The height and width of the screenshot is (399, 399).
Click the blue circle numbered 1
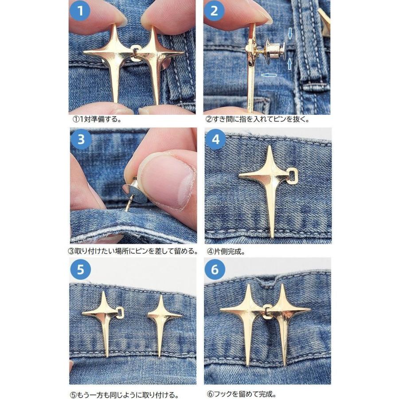(x=80, y=11)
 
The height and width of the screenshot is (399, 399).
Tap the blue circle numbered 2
(x=214, y=11)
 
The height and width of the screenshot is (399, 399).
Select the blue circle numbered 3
(x=81, y=139)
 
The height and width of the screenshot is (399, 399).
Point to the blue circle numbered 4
(x=215, y=139)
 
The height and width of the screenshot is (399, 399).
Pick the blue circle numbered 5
(x=80, y=269)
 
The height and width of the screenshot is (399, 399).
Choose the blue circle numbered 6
(x=215, y=269)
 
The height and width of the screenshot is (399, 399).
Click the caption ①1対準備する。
(x=97, y=119)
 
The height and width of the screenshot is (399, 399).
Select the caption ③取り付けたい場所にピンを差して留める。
(x=133, y=251)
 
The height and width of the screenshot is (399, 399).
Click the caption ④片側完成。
(x=226, y=252)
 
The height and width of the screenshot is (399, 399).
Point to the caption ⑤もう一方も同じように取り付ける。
(x=124, y=395)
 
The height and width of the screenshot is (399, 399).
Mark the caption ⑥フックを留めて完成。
(x=241, y=394)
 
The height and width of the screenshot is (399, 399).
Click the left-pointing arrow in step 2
(x=269, y=75)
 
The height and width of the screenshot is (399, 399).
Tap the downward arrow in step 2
(x=290, y=33)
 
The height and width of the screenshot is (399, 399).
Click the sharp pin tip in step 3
(x=125, y=210)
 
